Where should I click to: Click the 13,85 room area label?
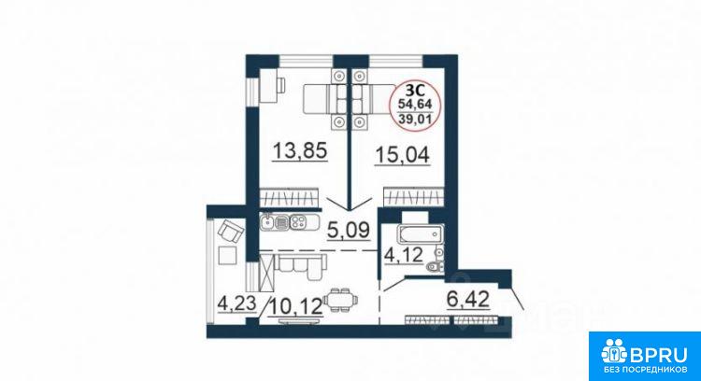(x=300, y=151)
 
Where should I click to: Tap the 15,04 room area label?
(x=402, y=155)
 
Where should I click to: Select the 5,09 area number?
(x=349, y=231)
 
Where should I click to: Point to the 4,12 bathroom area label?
(x=404, y=255)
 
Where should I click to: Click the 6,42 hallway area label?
(x=468, y=299)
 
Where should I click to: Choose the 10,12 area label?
(x=295, y=306)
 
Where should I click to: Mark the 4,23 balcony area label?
(x=237, y=303)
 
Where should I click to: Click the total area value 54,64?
(x=415, y=104)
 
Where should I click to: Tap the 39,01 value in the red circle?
(x=415, y=120)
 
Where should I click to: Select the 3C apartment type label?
(x=415, y=91)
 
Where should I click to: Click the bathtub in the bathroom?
(x=421, y=233)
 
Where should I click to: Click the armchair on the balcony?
(x=231, y=231)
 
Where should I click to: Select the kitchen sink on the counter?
(x=267, y=221)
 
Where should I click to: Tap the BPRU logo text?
(x=658, y=356)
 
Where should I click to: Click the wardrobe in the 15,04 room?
(x=414, y=197)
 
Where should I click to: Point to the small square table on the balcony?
(x=227, y=256)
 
